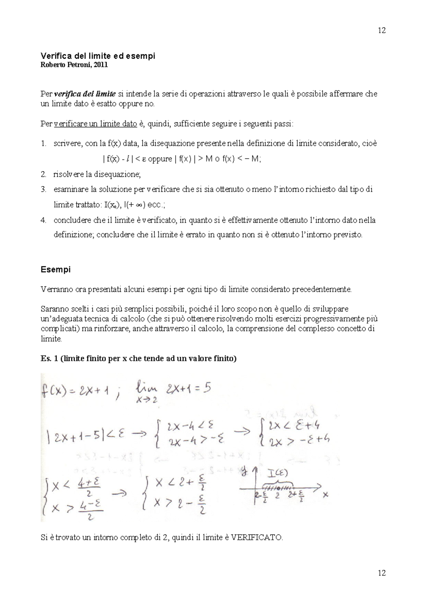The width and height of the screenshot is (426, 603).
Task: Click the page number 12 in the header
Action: (x=382, y=30)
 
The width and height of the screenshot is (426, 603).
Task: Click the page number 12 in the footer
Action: (x=382, y=573)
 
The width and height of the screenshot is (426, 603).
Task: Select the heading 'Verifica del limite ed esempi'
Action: (x=98, y=56)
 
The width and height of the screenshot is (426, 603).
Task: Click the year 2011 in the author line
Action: (x=101, y=65)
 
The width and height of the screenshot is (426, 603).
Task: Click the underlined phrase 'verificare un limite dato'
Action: (x=95, y=124)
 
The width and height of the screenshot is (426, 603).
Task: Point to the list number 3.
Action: (x=43, y=190)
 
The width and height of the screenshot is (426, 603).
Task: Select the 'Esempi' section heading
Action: (x=55, y=270)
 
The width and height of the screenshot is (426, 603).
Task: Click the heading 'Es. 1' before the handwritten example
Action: (x=50, y=358)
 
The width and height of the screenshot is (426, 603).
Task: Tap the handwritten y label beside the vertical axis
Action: (x=244, y=473)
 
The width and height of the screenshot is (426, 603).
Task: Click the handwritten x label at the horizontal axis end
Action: (x=326, y=494)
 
